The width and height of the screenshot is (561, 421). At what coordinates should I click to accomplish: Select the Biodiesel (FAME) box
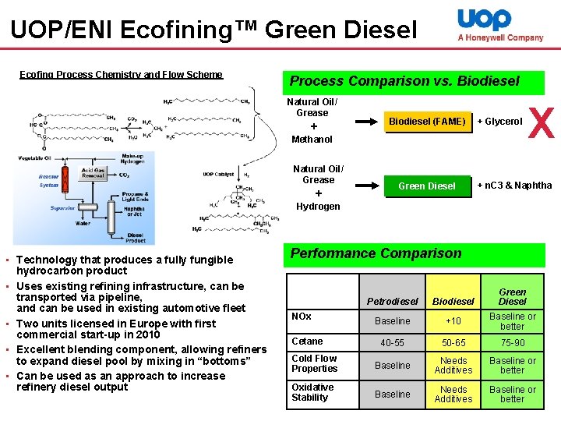[x=427, y=122]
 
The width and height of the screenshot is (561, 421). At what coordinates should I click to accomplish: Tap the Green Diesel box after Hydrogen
[x=427, y=186]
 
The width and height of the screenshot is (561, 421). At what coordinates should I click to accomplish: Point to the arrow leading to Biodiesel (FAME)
[x=365, y=122]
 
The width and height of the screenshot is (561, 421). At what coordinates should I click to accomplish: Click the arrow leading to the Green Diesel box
[x=365, y=186]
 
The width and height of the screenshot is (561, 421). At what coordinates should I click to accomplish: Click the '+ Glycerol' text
[x=499, y=122]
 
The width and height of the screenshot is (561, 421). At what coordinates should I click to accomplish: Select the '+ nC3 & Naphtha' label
[x=514, y=186]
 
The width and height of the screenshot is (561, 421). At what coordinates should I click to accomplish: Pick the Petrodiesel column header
[x=392, y=301]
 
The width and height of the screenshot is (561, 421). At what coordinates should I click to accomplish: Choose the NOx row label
[x=302, y=317]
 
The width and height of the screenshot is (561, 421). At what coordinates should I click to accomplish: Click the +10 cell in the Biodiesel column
[x=453, y=321]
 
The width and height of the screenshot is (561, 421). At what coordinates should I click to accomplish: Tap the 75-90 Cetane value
[x=512, y=343]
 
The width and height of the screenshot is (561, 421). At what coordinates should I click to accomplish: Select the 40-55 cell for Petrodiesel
[x=392, y=343]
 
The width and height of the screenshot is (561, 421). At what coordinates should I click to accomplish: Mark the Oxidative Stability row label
[x=312, y=392]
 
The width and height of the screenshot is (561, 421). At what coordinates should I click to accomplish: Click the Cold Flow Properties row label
[x=314, y=363]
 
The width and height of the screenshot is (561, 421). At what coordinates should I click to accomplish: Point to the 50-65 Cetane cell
[x=453, y=343]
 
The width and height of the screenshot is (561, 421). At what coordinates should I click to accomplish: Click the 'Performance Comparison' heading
[x=376, y=253]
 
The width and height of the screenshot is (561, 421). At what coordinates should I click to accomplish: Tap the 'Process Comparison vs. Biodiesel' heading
[x=404, y=81]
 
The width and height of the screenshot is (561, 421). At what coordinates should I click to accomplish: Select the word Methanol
[x=312, y=140]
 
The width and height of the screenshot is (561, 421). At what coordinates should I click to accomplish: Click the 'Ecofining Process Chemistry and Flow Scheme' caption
[x=121, y=75]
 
